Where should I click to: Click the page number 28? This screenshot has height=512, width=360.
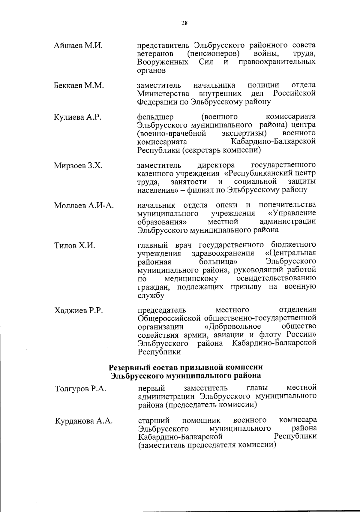184,23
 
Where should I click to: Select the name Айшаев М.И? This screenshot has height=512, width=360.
78,46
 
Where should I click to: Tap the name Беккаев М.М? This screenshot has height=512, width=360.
79,86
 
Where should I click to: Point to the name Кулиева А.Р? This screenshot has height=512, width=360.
77,117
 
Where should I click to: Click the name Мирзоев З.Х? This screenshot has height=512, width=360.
78,165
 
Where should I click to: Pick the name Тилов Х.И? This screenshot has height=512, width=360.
74,246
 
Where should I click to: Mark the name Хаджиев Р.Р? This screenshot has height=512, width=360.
79,310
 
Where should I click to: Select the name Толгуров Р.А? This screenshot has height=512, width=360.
80,389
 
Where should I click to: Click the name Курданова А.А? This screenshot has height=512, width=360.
84,421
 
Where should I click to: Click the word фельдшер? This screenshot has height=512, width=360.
155,117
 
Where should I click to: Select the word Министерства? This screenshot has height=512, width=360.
163,93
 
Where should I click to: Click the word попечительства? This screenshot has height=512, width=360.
287,205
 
